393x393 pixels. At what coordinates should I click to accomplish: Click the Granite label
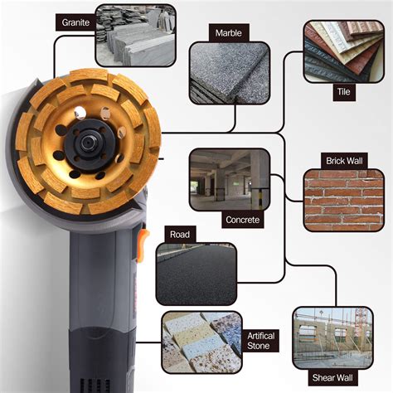pos(76,22)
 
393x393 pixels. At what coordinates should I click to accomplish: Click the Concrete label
pos(244,221)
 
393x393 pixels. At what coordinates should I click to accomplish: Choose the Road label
pos(180,235)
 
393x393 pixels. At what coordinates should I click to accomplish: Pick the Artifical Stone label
pos(261,340)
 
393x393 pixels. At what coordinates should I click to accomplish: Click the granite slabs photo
pos(135,36)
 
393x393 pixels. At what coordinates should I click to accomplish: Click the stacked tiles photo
pos(342,51)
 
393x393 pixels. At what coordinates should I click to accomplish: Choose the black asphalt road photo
pos(196,274)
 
